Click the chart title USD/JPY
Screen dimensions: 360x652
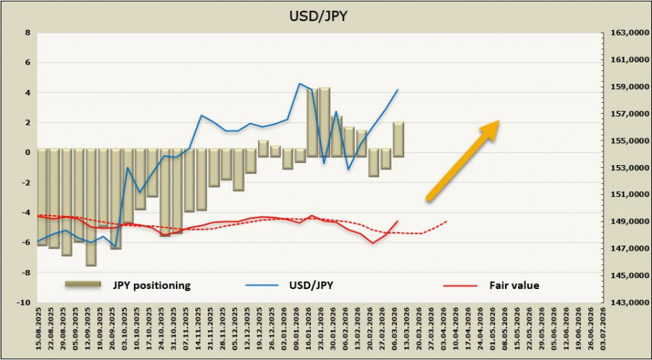click(x=325, y=15)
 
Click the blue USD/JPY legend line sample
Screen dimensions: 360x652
click(x=264, y=285)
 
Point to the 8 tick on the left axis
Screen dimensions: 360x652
click(x=27, y=33)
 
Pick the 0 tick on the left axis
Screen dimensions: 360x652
click(x=27, y=152)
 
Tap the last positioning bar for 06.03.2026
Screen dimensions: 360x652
click(x=398, y=138)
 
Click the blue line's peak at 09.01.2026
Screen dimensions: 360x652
click(x=300, y=83)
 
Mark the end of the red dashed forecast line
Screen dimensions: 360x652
click(x=447, y=221)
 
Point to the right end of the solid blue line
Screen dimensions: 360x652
click(x=398, y=90)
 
